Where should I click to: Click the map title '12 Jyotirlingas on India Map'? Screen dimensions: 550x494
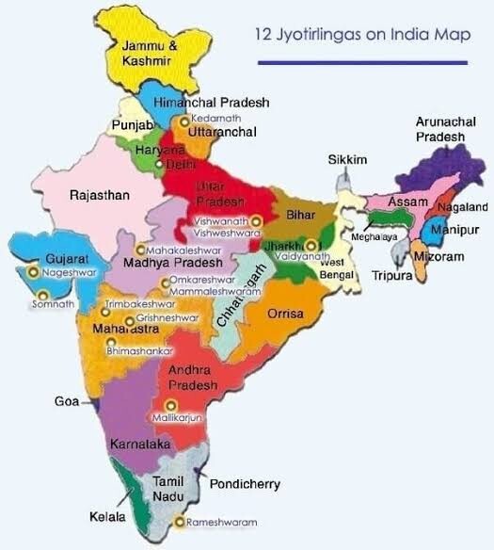[360, 35]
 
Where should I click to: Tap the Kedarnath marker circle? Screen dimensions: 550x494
[185, 120]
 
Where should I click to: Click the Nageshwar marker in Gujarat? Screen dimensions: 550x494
[34, 271]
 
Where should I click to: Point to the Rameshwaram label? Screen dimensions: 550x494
[221, 521]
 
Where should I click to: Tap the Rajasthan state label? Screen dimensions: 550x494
[100, 195]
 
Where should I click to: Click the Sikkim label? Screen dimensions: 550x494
[346, 160]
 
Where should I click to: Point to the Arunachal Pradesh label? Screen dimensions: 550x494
[440, 129]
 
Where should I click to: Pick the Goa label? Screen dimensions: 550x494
[66, 401]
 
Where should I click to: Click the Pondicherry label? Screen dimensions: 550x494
[245, 484]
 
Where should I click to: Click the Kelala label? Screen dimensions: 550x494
[95, 518]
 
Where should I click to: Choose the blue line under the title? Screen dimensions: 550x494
[361, 62]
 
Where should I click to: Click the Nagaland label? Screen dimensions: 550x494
[462, 206]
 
